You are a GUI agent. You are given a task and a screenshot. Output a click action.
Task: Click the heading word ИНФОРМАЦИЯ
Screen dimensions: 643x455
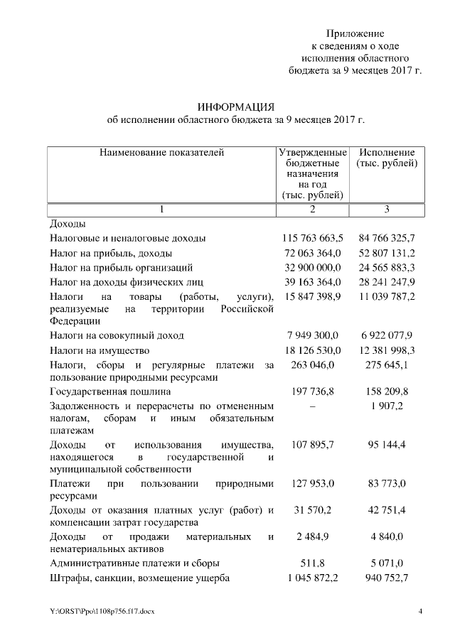pos(235,107)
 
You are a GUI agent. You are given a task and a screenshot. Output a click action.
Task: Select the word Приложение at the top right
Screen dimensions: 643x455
pos(355,33)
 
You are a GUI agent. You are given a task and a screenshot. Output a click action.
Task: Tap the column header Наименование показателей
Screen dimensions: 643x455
pos(161,153)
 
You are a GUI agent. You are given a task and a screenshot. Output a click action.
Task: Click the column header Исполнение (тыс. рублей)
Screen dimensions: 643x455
pos(387,158)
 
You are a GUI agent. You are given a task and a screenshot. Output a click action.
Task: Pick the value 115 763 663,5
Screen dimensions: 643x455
pos(313,238)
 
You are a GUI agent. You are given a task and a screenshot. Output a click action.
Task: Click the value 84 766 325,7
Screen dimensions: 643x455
pos(387,238)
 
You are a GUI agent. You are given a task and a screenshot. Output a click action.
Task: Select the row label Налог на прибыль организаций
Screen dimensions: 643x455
pos(122,268)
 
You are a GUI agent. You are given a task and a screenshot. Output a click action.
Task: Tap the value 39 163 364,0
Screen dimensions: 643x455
pos(313,282)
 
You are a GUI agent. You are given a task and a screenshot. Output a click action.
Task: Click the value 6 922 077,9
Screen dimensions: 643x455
pos(387,335)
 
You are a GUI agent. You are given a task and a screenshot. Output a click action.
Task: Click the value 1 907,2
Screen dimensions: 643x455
pos(387,406)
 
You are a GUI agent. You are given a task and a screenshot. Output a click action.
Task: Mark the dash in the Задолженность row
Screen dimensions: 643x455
pos(313,406)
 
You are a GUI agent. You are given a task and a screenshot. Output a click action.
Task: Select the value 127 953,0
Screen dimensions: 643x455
pos(313,484)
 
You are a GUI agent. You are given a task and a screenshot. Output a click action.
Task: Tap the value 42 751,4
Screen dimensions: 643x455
pos(387,511)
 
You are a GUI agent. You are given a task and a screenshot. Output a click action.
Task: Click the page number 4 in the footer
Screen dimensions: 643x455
pos(420,612)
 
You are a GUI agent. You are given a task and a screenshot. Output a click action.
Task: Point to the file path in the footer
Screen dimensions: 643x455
pos(102,612)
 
